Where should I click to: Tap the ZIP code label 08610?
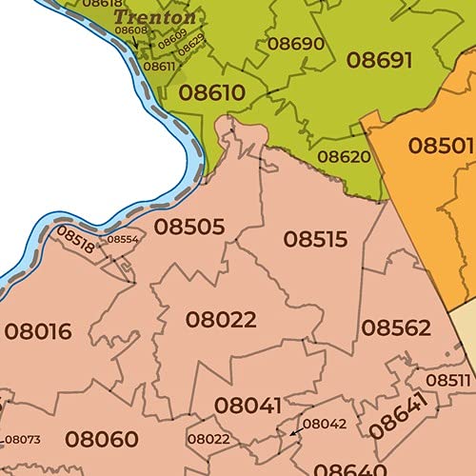[x=211, y=93]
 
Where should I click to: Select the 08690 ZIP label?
[x=295, y=44]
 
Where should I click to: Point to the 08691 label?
[x=379, y=60]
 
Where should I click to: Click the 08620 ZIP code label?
[x=344, y=156]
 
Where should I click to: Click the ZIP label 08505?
[x=189, y=227]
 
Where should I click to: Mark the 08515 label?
[x=316, y=239]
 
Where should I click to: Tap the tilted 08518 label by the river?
[x=75, y=239]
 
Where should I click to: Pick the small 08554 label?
[x=122, y=240]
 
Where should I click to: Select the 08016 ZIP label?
[x=38, y=331]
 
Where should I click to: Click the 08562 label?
[x=396, y=328]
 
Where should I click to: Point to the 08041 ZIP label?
[x=248, y=405]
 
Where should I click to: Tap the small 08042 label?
[x=325, y=424]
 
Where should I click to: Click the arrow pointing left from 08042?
[x=294, y=432]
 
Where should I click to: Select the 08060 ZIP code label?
[x=102, y=439]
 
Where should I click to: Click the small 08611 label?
[x=159, y=66]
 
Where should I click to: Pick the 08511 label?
[x=447, y=380]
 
